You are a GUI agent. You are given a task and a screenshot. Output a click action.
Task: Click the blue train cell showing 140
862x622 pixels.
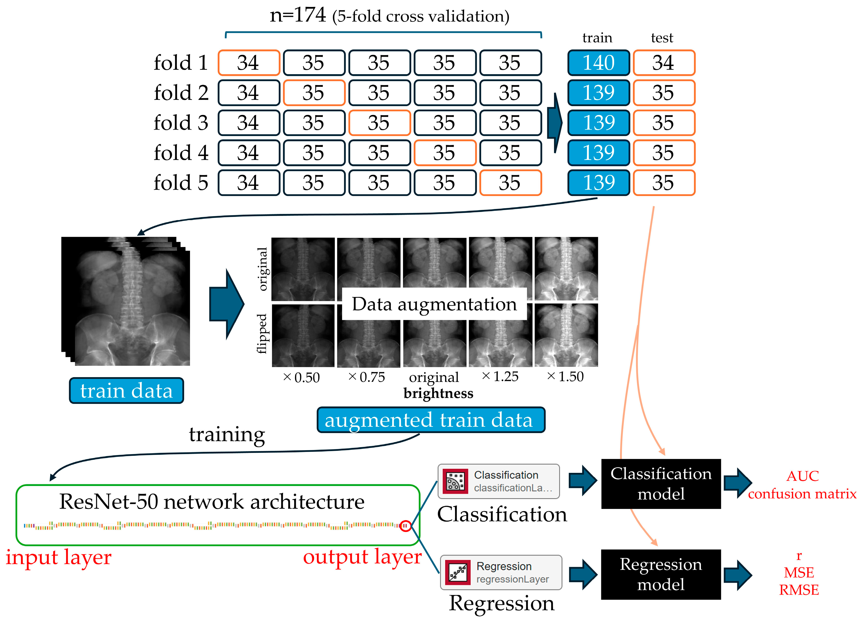coord(599,63)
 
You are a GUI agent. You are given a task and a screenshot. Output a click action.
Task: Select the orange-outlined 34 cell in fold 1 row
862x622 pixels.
coord(249,63)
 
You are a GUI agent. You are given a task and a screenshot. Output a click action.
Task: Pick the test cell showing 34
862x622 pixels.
coord(664,63)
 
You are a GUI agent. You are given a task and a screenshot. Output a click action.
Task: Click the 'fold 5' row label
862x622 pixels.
coord(181,183)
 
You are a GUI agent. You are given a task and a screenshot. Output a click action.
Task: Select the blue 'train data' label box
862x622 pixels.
coord(127,391)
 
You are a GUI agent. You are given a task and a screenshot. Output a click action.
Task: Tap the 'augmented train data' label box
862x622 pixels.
coord(431,420)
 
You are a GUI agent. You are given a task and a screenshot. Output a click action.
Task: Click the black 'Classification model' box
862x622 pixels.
coord(661,484)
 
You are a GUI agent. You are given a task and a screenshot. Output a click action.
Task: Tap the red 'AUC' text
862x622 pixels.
coord(803,476)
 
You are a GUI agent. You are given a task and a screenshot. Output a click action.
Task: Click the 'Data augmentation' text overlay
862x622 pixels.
coord(434,304)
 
